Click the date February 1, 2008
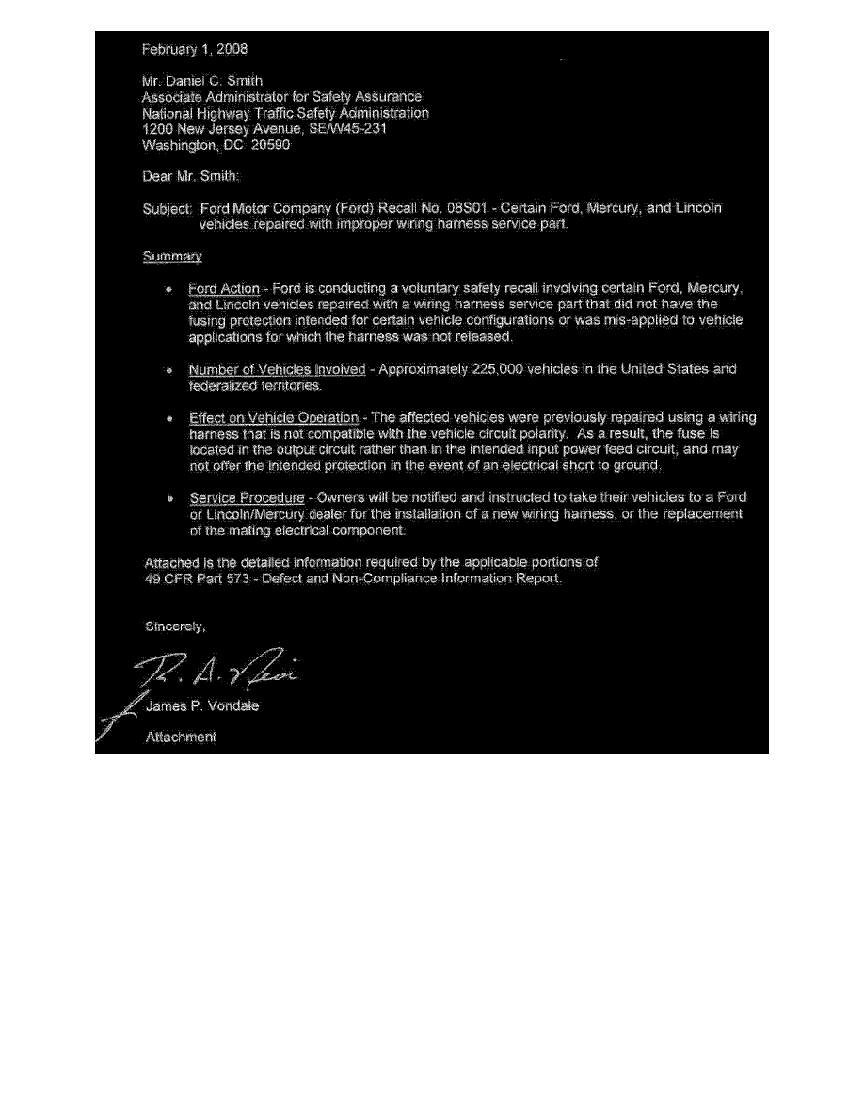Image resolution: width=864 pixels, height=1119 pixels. point(195,48)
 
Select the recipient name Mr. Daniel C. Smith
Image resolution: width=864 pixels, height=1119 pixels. point(196,81)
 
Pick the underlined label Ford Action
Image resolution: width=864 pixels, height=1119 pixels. point(224,287)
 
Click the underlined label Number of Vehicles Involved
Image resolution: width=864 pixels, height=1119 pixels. point(277,369)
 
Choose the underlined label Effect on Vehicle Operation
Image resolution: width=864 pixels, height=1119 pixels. point(274,417)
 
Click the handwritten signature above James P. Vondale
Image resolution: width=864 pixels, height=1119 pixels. point(221,671)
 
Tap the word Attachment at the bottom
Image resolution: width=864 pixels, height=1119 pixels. point(181,738)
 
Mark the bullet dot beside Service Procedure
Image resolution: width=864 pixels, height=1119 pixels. point(168,497)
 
